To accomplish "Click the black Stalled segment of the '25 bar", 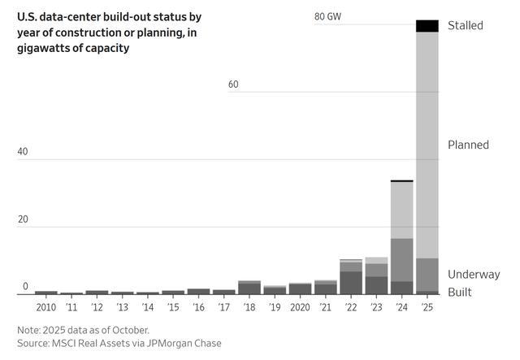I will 427,26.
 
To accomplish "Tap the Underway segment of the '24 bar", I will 401,260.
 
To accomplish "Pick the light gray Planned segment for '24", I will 401,210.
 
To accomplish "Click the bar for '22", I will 351,276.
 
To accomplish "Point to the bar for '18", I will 249,288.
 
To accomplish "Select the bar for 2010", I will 46,292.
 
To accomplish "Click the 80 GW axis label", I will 327,16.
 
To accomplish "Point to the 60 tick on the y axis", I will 233,85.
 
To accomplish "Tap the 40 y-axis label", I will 23,152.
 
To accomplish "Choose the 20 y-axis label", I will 23,219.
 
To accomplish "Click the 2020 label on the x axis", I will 300,308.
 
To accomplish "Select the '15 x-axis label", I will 173,308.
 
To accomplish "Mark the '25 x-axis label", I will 427,308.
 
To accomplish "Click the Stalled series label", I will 465,26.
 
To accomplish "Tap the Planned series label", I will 468,145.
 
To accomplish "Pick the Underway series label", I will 474,275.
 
